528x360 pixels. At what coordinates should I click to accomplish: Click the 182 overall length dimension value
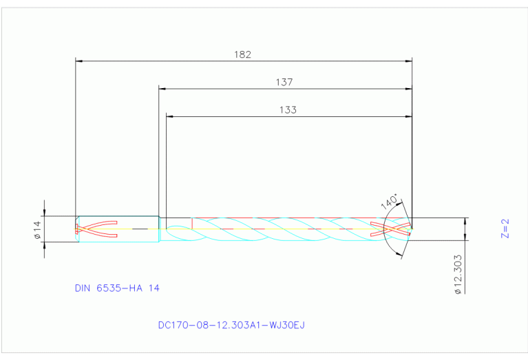[x=242, y=54]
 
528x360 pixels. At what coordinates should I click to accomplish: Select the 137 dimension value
[x=284, y=82]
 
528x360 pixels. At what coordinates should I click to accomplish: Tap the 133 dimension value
[x=288, y=109]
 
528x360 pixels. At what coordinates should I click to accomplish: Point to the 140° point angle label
[x=389, y=202]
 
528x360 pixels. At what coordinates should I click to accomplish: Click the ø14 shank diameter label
[x=38, y=229]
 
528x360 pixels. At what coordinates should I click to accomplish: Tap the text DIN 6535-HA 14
[x=117, y=288]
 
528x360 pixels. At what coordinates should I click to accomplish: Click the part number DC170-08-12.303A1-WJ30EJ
[x=231, y=324]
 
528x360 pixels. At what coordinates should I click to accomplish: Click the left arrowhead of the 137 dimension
[x=163, y=89]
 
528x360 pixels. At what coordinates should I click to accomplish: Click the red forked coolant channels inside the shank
[x=96, y=229]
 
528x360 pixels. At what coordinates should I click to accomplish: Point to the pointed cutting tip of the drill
[x=412, y=229]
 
